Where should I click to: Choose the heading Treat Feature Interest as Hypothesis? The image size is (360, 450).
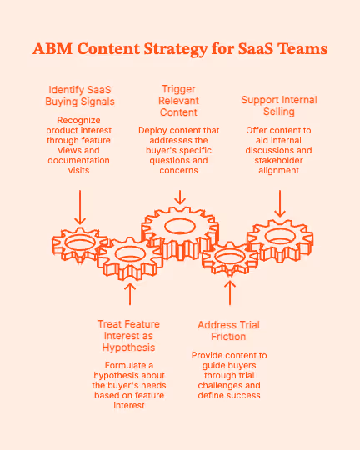coord(128,335)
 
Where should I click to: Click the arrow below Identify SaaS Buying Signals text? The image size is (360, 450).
coord(80,207)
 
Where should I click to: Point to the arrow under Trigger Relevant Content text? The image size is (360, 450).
coord(179,197)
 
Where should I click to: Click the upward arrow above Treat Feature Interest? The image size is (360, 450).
coord(129,294)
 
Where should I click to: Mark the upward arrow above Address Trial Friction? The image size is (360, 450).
coord(231,292)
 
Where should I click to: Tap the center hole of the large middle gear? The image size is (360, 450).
coord(180,225)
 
